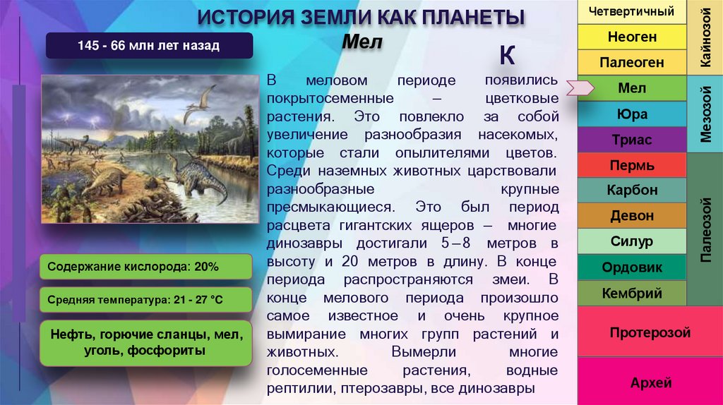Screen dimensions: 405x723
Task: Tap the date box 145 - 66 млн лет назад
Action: pyautogui.click(x=149, y=46)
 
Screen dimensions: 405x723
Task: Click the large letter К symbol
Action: pyautogui.click(x=507, y=54)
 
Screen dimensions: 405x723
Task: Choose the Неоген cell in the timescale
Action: pyautogui.click(x=631, y=37)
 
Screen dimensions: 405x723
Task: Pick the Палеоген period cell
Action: pyautogui.click(x=631, y=62)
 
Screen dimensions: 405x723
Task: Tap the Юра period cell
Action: pyautogui.click(x=631, y=114)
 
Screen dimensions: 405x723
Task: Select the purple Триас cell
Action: pyautogui.click(x=631, y=140)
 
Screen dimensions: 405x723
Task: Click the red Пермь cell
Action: pyautogui.click(x=631, y=166)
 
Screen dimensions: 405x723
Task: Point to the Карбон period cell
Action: pyautogui.click(x=631, y=191)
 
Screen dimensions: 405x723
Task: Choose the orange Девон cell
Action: pyautogui.click(x=631, y=216)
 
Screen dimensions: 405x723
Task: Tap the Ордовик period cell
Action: pyautogui.click(x=631, y=267)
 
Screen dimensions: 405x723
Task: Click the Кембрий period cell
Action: pyautogui.click(x=631, y=293)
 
